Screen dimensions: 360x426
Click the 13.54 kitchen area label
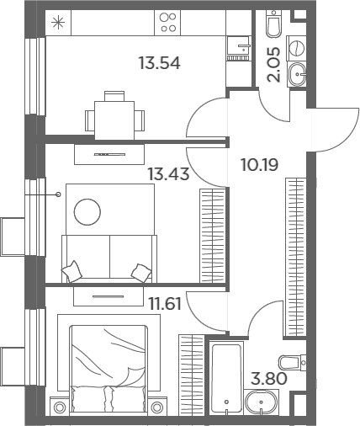pos(160,63)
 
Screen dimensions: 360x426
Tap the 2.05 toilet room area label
pos(273,64)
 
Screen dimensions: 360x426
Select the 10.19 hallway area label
pos(260,165)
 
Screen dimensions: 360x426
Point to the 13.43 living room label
pos(168,173)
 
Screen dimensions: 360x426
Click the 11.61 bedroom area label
pos(165,304)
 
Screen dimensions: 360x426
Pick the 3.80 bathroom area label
pos(269,378)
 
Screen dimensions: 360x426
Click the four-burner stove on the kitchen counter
pos(167,23)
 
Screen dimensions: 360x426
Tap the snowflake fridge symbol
pos(58,23)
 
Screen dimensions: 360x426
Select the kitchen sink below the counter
pos(238,48)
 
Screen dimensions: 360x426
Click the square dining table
pos(114,120)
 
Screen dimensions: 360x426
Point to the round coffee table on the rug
pos(87,212)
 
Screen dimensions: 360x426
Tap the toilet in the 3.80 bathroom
pos(293,363)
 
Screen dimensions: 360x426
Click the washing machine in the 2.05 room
pos(296,48)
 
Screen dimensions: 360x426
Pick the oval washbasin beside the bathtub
pos(261,402)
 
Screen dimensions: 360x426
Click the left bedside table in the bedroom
pos(60,407)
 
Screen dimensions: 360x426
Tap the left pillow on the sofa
pos(71,271)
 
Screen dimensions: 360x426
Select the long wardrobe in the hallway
pos(295,257)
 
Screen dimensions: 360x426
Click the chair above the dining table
pos(114,96)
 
